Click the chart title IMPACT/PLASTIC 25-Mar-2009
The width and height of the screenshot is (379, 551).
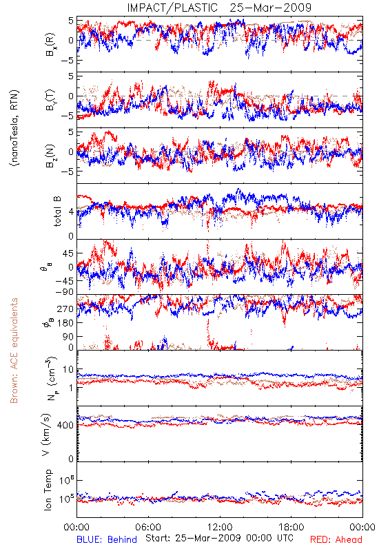[x=219, y=8]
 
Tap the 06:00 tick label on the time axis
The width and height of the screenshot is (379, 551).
[x=148, y=528]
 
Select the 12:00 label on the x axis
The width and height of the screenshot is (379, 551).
[x=220, y=528]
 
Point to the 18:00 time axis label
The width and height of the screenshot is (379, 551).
[x=291, y=528]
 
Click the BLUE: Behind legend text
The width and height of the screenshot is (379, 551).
[x=107, y=540]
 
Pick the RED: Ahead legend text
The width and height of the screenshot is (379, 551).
[x=336, y=540]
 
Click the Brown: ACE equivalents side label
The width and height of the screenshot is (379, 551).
[x=14, y=351]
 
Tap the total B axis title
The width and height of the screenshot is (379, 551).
[x=57, y=211]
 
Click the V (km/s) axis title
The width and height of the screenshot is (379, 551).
[x=46, y=435]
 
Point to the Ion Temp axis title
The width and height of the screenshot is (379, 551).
[x=48, y=490]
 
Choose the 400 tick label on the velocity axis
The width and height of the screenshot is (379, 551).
[x=65, y=426]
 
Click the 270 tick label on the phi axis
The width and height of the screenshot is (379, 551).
[x=65, y=309]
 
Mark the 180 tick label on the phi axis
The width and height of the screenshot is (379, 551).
[x=65, y=323]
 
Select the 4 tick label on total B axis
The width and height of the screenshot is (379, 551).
[x=72, y=212]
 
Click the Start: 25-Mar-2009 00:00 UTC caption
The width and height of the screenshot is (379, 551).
[x=219, y=538]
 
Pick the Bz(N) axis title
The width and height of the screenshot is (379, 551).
[x=51, y=156]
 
